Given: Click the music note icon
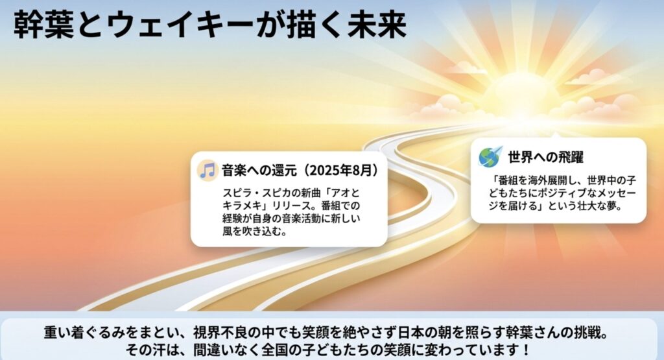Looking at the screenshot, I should tap(207, 171).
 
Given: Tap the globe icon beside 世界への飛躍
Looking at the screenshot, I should tap(490, 156).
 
